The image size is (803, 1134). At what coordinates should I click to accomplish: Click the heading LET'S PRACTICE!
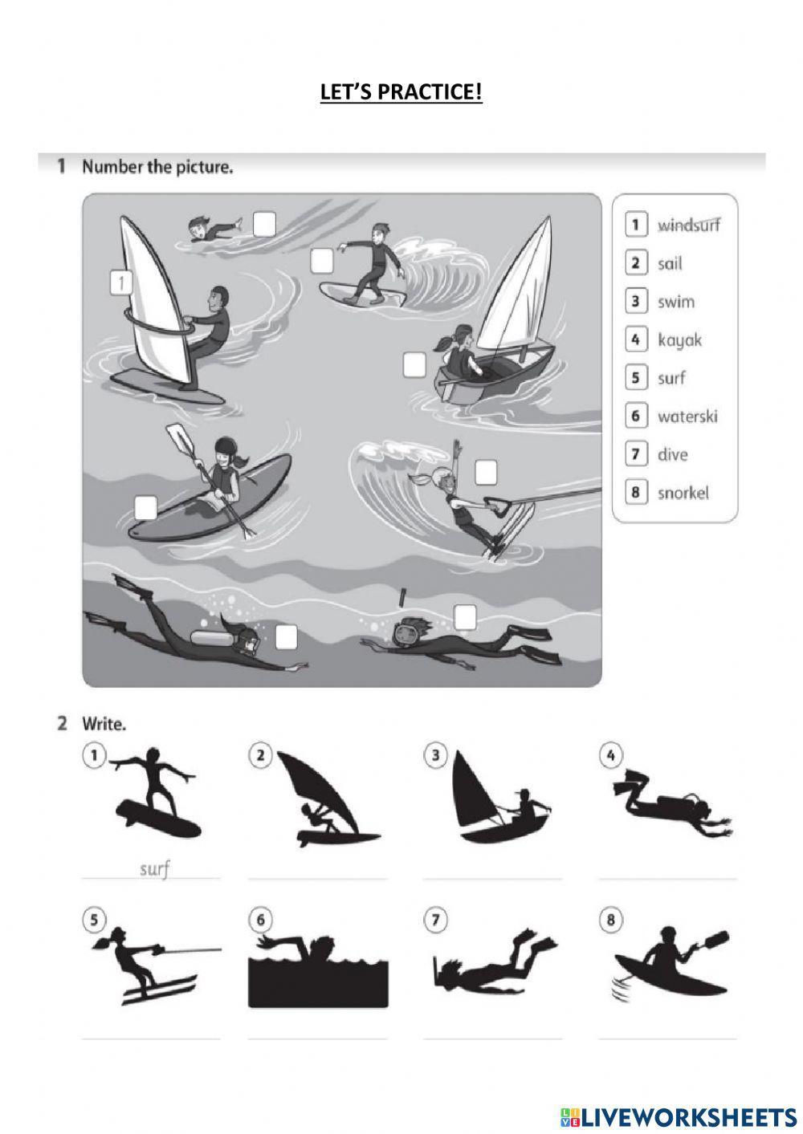coord(401,92)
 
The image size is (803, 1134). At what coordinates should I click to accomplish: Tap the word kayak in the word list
coord(679,340)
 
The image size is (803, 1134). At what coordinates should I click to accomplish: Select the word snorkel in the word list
coord(683,493)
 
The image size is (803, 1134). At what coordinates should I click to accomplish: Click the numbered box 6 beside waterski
coord(636,417)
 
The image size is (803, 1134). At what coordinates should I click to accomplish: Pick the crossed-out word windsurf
coord(688,224)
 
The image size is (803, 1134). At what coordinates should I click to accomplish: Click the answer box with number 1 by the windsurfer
coord(121,283)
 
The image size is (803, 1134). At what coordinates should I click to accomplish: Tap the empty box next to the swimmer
coord(264,224)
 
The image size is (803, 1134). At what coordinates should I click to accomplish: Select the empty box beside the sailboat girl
coord(414,364)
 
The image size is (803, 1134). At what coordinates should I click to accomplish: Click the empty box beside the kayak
coord(145,508)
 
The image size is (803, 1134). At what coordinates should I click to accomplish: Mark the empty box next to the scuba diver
coord(286,637)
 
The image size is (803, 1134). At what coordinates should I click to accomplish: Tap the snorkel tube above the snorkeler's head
coord(402,598)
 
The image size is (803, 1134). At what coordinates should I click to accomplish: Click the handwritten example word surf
coord(154,868)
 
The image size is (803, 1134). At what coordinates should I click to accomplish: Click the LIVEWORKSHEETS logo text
coord(679,1117)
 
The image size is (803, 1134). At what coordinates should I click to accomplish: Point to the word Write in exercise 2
coord(104,725)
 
